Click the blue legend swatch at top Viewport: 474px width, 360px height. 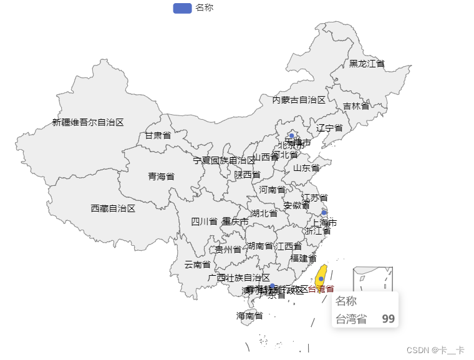coord(181,8)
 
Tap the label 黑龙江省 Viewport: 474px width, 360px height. coord(367,64)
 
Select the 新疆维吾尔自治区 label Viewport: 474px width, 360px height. coord(88,122)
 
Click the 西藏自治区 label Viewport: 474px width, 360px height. coord(113,208)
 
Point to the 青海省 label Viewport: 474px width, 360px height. coord(161,177)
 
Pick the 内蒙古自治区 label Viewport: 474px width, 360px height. coord(299,100)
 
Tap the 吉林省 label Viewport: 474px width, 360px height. coord(356,106)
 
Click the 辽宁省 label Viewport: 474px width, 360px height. coord(329,128)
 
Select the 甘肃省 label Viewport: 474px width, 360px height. coord(158,135)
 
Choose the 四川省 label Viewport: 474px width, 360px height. coord(204,221)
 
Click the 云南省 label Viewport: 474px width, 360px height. coord(197,265)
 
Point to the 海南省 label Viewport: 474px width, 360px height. coord(249,316)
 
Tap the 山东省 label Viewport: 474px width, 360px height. coord(306,168)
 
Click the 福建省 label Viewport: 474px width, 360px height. coord(303,258)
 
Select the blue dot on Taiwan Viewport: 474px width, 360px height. coord(321,279)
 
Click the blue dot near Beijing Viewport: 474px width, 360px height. coord(291,135)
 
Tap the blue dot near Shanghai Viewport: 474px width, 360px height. coord(324,213)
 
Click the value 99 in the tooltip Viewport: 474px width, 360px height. coord(388,319)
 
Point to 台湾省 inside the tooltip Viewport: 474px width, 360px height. coord(351,319)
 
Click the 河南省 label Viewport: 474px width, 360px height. coord(272,190)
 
